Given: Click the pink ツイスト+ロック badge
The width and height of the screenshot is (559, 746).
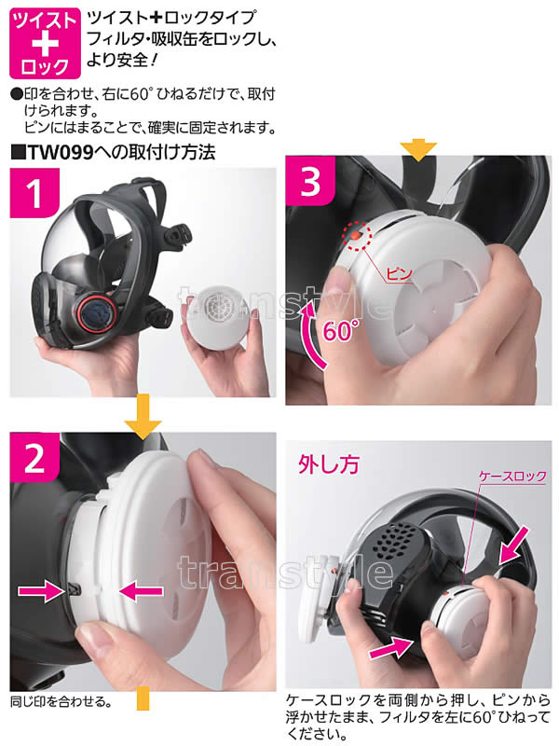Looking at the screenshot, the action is pyautogui.click(x=45, y=43).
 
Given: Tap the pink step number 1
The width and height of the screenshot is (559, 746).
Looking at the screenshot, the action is pyautogui.click(x=34, y=194).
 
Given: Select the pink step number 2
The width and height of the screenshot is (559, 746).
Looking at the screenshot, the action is pyautogui.click(x=34, y=459).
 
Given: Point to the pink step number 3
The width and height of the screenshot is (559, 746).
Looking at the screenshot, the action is pyautogui.click(x=311, y=181).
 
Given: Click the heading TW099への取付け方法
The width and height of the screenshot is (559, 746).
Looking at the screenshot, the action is pyautogui.click(x=113, y=152).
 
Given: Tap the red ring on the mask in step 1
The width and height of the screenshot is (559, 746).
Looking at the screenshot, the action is pyautogui.click(x=97, y=313).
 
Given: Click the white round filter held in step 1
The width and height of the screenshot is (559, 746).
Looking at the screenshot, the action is pyautogui.click(x=218, y=317).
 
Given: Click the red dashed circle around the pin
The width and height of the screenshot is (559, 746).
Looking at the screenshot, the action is pyautogui.click(x=358, y=236).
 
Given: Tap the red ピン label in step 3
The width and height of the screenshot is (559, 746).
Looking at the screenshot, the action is pyautogui.click(x=399, y=273).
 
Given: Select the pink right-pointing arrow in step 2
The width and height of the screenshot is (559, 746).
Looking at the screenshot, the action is pyautogui.click(x=42, y=591).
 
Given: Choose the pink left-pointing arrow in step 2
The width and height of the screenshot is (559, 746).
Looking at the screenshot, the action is pyautogui.click(x=142, y=591).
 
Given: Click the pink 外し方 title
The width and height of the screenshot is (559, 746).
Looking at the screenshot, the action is pyautogui.click(x=328, y=464).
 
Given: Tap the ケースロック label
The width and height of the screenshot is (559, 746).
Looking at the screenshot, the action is pyautogui.click(x=511, y=477).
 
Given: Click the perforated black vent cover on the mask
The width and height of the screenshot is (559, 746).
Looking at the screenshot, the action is pyautogui.click(x=398, y=543).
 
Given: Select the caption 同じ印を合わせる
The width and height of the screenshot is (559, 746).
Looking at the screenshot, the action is pyautogui.click(x=61, y=702).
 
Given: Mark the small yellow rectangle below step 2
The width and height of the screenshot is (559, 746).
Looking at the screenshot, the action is pyautogui.click(x=143, y=698).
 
